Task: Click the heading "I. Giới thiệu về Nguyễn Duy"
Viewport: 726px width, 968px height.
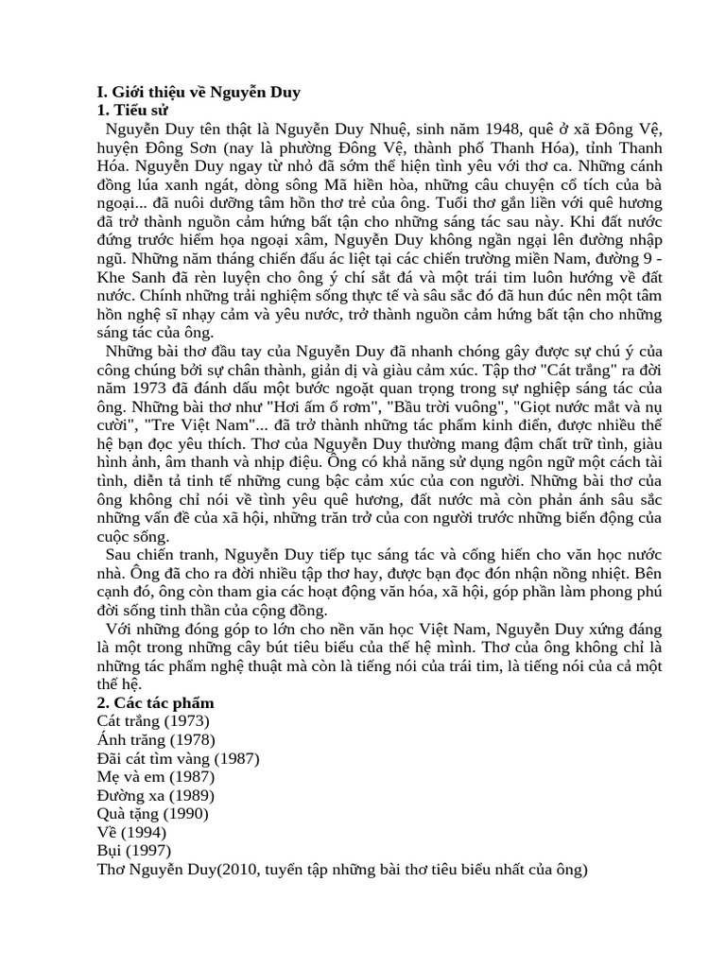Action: [199, 92]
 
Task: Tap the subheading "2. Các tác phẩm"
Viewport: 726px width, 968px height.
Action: [156, 702]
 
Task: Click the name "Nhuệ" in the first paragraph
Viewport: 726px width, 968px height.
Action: [395, 129]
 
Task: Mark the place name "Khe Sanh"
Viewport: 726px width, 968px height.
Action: [131, 276]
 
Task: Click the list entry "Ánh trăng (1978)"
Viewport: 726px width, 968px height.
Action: [156, 739]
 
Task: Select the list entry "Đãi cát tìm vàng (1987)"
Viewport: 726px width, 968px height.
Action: [178, 758]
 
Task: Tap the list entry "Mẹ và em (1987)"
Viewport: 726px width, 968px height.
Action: [157, 776]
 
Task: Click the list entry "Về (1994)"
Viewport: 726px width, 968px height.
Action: [131, 832]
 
